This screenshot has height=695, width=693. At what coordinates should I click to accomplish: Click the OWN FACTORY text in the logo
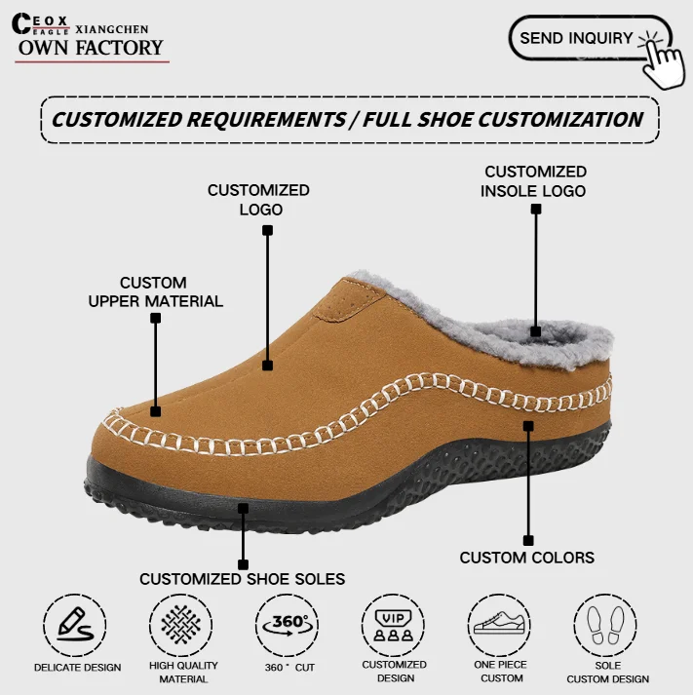pyautogui.click(x=91, y=48)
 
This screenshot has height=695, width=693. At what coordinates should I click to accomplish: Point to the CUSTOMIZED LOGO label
pyautogui.click(x=258, y=200)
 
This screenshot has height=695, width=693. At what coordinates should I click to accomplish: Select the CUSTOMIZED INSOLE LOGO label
pyautogui.click(x=534, y=181)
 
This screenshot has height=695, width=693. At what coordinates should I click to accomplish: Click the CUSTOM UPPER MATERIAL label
pyautogui.click(x=156, y=292)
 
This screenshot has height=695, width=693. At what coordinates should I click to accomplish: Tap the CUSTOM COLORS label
pyautogui.click(x=526, y=558)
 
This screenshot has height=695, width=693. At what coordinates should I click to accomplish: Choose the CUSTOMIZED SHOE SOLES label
pyautogui.click(x=242, y=579)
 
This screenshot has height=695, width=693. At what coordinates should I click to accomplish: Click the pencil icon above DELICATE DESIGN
pyautogui.click(x=76, y=623)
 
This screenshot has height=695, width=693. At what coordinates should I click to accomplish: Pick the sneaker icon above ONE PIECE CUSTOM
pyautogui.click(x=500, y=624)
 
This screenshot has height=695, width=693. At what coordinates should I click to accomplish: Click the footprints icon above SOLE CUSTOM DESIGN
pyautogui.click(x=606, y=624)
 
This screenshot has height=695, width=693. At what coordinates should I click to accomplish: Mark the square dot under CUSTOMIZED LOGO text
pyautogui.click(x=268, y=231)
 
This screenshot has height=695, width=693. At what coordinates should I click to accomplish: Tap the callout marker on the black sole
pyautogui.click(x=244, y=507)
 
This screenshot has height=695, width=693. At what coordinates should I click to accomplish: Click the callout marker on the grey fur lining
pyautogui.click(x=536, y=331)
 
